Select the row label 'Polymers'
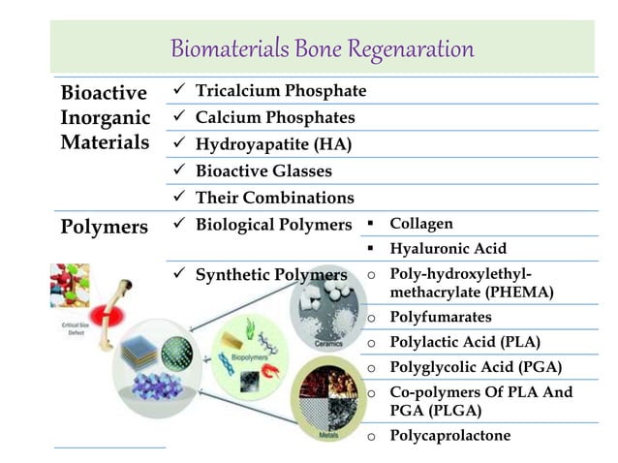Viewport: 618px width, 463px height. coord(104,227)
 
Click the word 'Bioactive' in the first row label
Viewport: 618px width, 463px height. coord(104,94)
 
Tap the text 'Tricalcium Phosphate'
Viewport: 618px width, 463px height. coord(281,91)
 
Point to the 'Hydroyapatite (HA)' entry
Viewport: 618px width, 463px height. coord(273,144)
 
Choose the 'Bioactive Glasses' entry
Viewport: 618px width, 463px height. coord(263,171)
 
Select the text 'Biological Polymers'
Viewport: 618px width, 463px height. coord(273,225)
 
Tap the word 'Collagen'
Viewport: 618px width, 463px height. coord(420,224)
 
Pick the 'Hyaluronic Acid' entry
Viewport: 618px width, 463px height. coord(448,249)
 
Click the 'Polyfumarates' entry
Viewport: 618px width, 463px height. coord(440,317)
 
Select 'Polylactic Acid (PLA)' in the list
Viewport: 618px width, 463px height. coord(464,342)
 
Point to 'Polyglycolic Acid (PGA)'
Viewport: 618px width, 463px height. coord(475,367)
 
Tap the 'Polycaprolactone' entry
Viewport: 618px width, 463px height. coord(449,435)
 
